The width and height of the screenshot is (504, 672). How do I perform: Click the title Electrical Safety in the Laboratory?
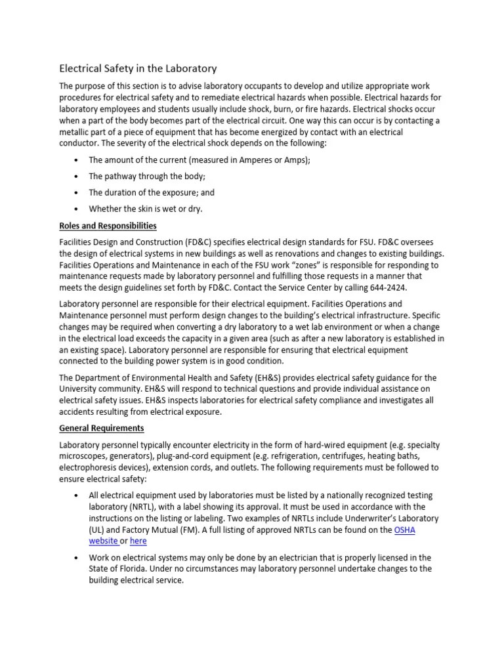coord(138,68)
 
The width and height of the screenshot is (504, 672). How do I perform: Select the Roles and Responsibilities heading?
coord(108,226)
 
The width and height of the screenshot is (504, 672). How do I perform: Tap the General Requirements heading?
coord(102,428)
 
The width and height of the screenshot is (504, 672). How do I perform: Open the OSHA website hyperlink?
coord(405,530)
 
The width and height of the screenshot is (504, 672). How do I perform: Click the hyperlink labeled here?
coord(138,541)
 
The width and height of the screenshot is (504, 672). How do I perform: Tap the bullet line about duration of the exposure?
coord(152,193)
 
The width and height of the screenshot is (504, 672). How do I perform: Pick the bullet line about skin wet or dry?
coord(146,209)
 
